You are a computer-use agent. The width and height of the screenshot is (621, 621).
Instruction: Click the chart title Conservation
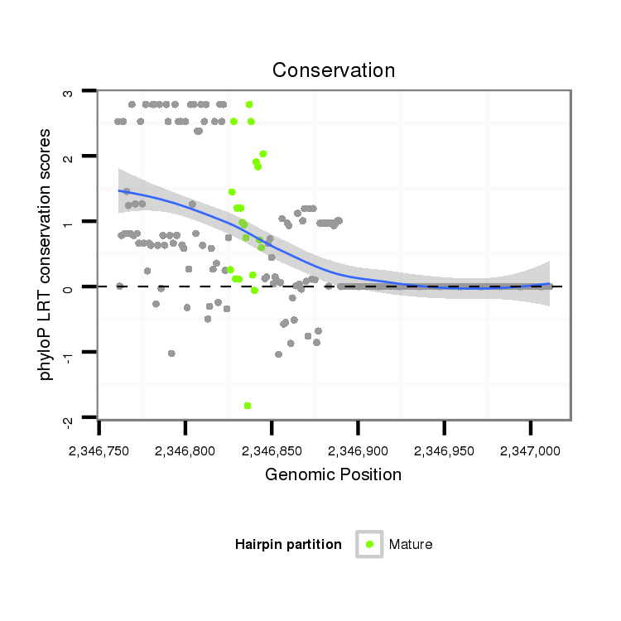pos(334,70)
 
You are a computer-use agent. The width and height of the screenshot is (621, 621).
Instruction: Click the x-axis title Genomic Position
pos(333,475)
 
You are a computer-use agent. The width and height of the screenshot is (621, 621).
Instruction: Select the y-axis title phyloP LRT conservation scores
pos(46,253)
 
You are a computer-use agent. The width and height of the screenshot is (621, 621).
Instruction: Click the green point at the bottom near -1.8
pos(248,406)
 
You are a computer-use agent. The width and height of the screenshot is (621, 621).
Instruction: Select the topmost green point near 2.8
pos(249,104)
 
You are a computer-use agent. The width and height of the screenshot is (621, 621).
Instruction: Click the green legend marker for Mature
pos(369,544)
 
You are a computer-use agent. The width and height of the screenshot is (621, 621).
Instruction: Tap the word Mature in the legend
pos(411,544)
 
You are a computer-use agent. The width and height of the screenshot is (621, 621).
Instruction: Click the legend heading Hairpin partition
pos(288,544)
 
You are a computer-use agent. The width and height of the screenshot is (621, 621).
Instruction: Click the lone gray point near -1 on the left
pos(171,354)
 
